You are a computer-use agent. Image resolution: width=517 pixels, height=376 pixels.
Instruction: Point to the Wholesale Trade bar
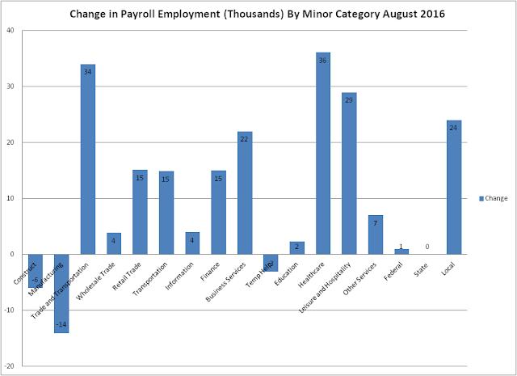[x=114, y=243]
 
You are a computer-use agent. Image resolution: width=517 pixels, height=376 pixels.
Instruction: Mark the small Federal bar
[x=401, y=251]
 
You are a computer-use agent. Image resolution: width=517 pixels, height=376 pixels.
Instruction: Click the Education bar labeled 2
[x=296, y=247]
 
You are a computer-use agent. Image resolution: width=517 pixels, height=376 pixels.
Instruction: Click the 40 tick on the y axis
[x=11, y=31]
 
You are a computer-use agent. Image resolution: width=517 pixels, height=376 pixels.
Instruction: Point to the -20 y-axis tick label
[x=11, y=366]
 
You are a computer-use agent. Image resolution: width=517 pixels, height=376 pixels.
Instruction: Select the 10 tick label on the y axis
[x=11, y=198]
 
